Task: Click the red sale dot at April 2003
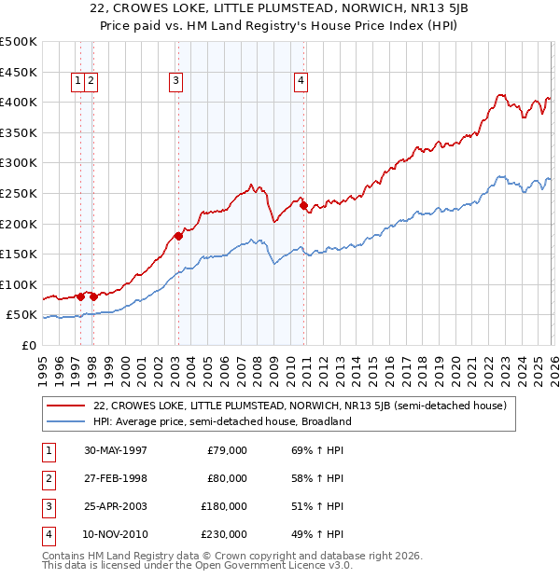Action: [178, 236]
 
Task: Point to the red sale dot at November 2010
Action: [303, 205]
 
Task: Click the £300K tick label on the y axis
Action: [19, 163]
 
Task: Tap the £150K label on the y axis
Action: [19, 255]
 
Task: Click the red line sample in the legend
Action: [66, 406]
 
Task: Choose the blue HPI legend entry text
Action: [222, 421]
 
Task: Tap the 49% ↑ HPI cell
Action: [311, 534]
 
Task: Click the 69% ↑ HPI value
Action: [311, 450]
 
